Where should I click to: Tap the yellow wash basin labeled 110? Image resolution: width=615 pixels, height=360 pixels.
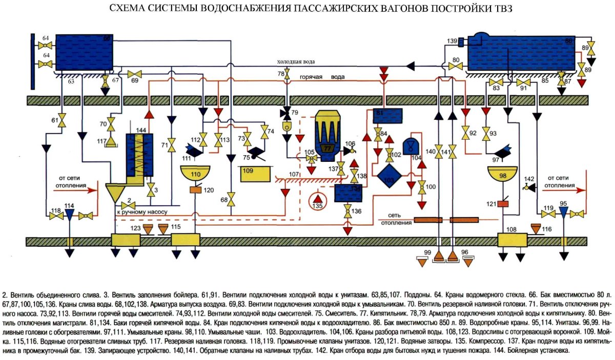click(x=196, y=174)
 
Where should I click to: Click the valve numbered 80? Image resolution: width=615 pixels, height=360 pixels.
click(x=458, y=66)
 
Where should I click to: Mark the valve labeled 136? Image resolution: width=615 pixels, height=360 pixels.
click(x=347, y=210)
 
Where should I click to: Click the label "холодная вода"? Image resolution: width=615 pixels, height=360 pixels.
click(x=296, y=62)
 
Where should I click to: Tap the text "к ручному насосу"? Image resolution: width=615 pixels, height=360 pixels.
click(x=138, y=211)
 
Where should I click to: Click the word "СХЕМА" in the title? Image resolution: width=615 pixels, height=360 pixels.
click(x=127, y=9)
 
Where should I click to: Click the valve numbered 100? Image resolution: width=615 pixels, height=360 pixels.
click(x=422, y=187)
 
